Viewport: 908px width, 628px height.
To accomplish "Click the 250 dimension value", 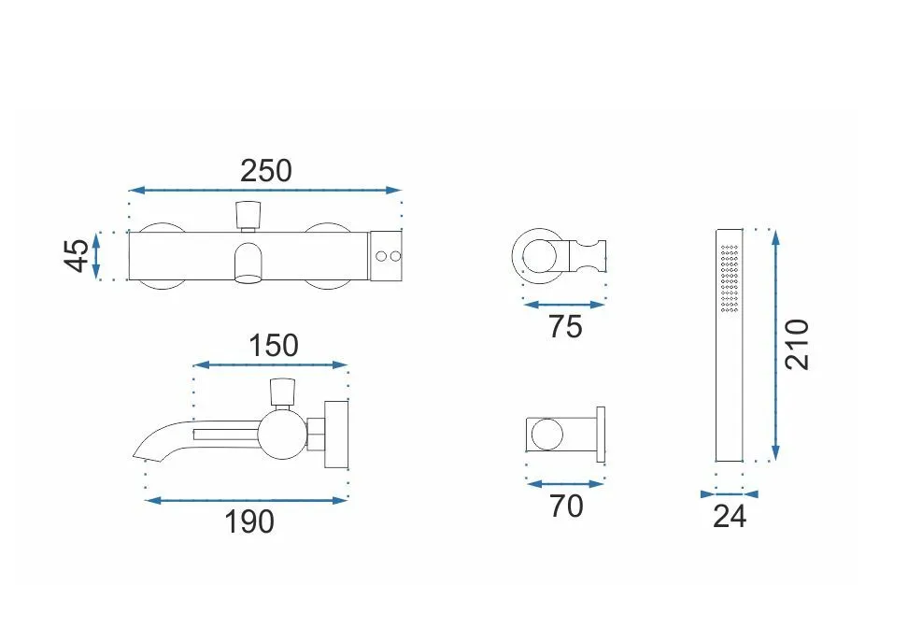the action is coord(266,171).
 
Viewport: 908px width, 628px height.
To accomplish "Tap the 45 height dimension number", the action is coord(77,255).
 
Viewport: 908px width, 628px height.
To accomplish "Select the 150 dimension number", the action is coord(274,345).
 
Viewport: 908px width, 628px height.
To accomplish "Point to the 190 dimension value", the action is coord(249,522).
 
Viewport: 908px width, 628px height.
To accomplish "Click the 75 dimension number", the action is coord(565,327).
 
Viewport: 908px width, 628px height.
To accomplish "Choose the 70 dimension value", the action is coord(566,507).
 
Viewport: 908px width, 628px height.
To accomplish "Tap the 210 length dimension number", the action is coord(797,344).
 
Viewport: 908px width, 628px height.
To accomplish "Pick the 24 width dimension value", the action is coord(730,516).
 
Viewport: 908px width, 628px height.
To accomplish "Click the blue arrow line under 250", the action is coord(265,190).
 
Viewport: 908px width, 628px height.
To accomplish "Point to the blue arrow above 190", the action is coord(247,501).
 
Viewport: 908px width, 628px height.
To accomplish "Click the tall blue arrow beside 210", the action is coord(776,345).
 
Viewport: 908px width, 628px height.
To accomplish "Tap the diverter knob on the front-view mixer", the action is coord(249,214).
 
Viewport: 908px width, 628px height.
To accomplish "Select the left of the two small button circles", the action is coord(381,255).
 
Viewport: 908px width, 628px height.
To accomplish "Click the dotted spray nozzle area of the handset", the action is coord(730,278).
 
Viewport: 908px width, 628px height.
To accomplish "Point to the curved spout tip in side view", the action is coord(141,455).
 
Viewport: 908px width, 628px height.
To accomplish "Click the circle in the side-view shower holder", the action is coord(546,435).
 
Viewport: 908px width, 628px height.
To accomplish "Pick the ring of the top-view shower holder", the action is coord(513,255).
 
